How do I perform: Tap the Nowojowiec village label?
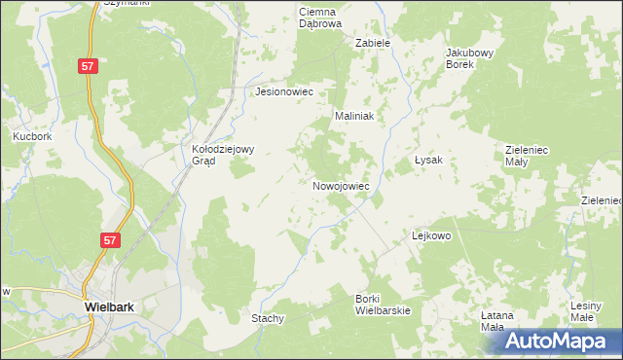click(341, 185)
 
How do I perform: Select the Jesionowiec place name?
click(283, 91)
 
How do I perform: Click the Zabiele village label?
click(373, 43)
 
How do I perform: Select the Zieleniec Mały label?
click(531, 156)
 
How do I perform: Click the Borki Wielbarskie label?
click(383, 304)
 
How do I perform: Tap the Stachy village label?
click(268, 318)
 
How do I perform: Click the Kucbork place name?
click(32, 137)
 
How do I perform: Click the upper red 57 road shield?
click(89, 65)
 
